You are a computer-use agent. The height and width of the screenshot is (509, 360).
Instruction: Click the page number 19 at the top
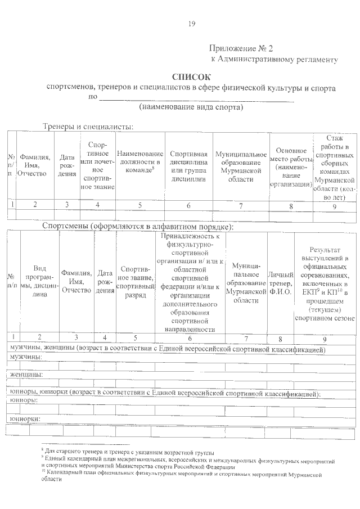pyautogui.click(x=191, y=23)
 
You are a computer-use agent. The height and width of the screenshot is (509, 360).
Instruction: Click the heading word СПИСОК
pyautogui.click(x=191, y=77)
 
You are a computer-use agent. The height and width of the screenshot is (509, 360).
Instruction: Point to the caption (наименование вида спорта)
pyautogui.click(x=191, y=106)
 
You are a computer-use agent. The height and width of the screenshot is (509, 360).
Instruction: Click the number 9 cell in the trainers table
pyautogui.click(x=335, y=205)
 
